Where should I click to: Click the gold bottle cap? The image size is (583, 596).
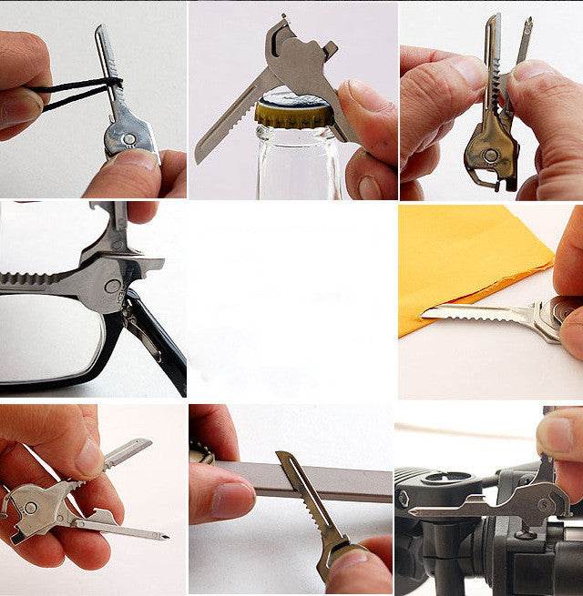click(x=283, y=111)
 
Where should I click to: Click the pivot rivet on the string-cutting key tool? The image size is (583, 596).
click(x=128, y=139)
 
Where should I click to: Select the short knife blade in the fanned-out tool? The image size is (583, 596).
click(x=128, y=451)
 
